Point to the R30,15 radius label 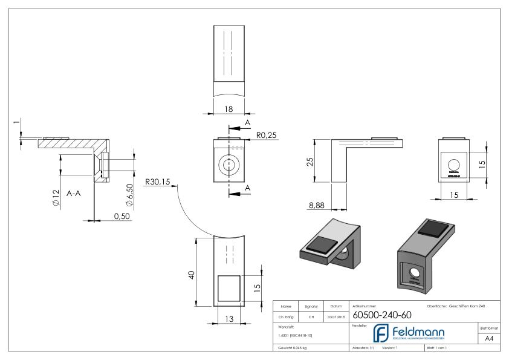coord(158,182)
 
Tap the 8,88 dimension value coord(317,206)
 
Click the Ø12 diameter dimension coord(56,198)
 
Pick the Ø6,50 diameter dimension coord(129,195)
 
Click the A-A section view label coord(76,194)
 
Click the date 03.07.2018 coord(335,316)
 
